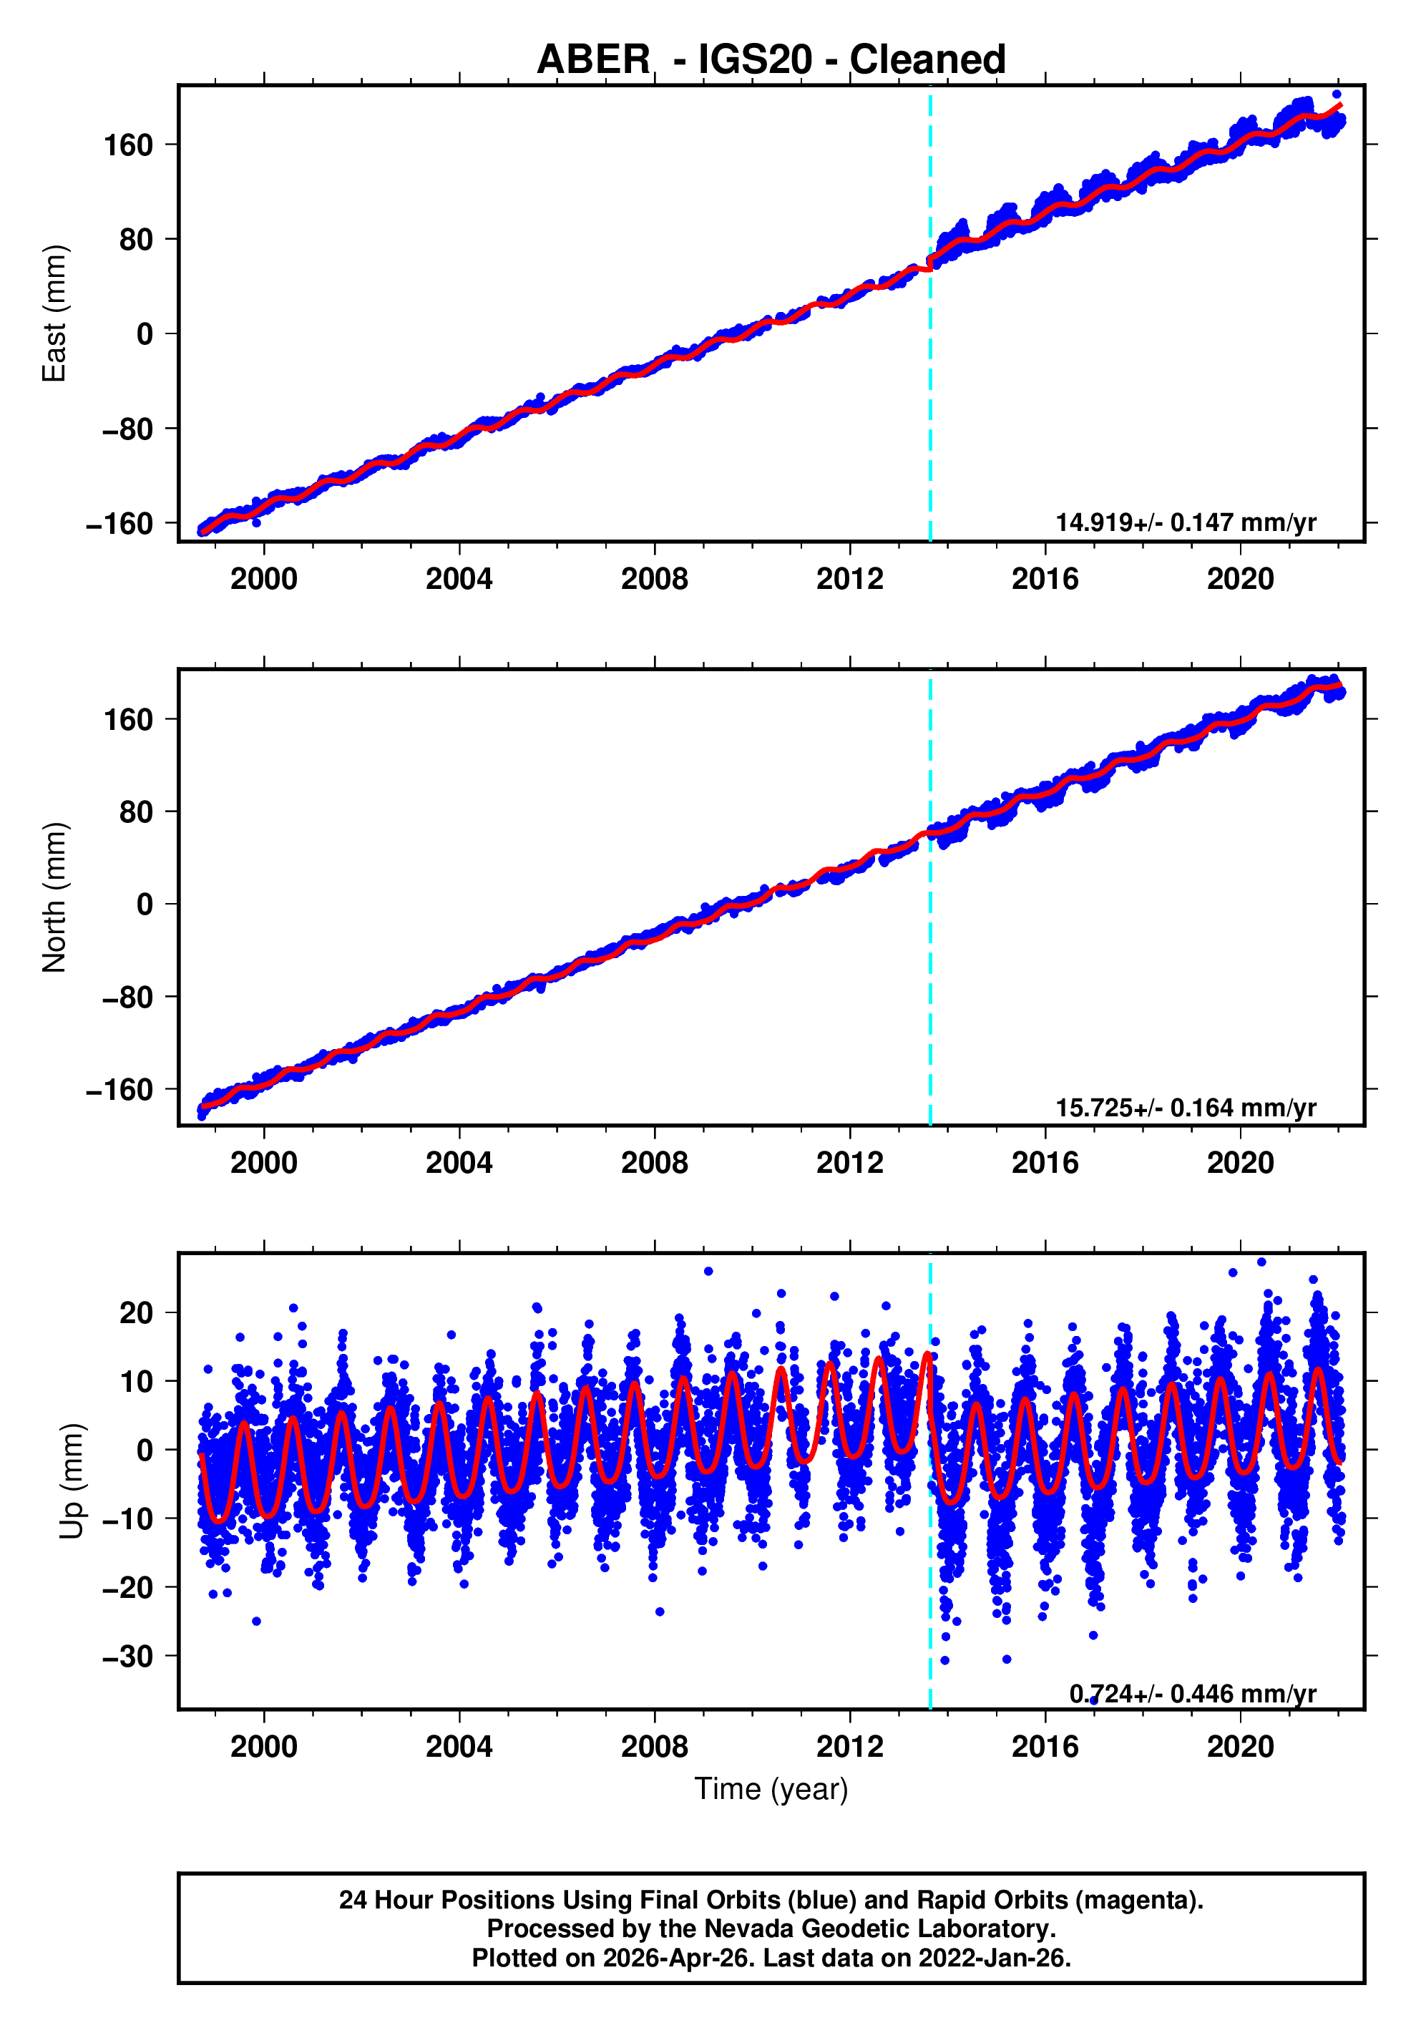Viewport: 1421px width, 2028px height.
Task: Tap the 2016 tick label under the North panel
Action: [1044, 1164]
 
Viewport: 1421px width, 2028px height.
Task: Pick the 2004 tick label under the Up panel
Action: [459, 1746]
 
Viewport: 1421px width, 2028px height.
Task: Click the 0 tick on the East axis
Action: [144, 334]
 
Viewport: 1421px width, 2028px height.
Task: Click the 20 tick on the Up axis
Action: [136, 1312]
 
